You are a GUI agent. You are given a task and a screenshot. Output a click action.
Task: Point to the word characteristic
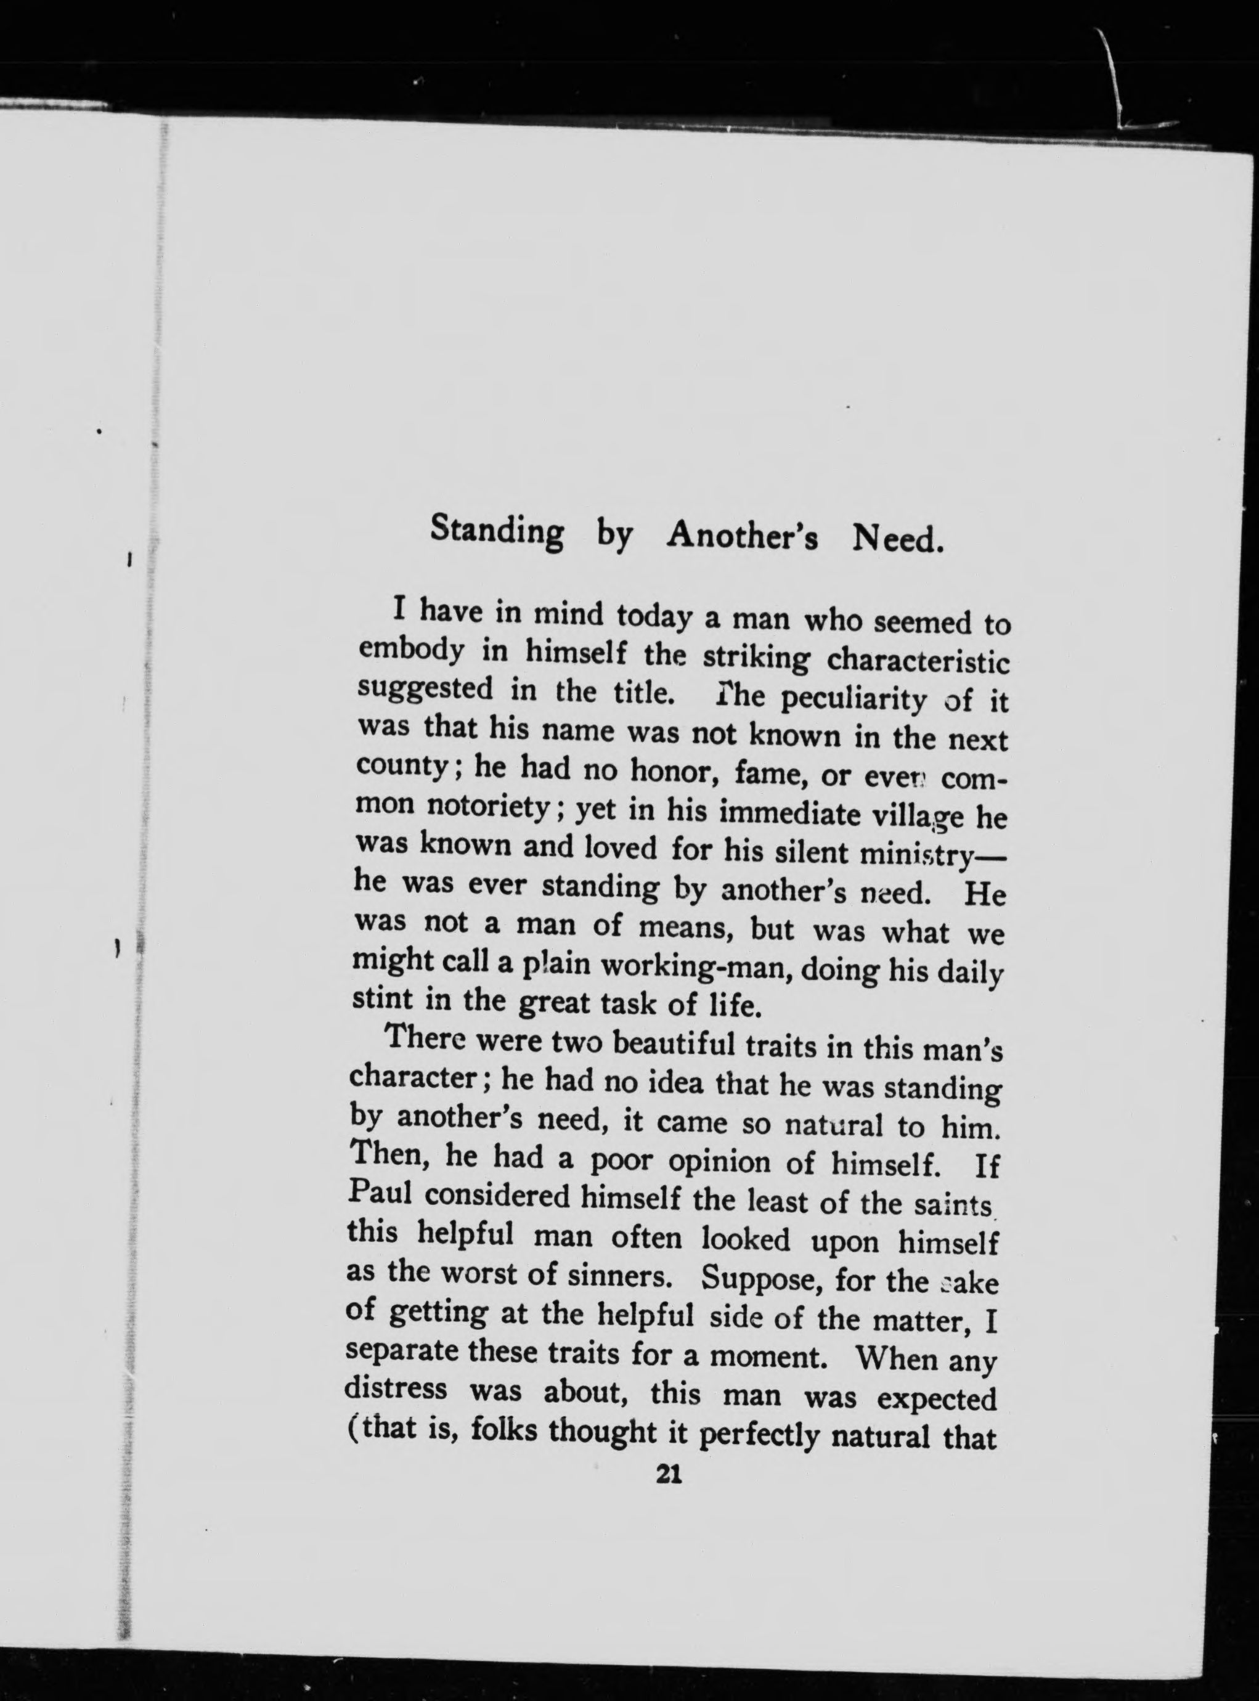(918, 660)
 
